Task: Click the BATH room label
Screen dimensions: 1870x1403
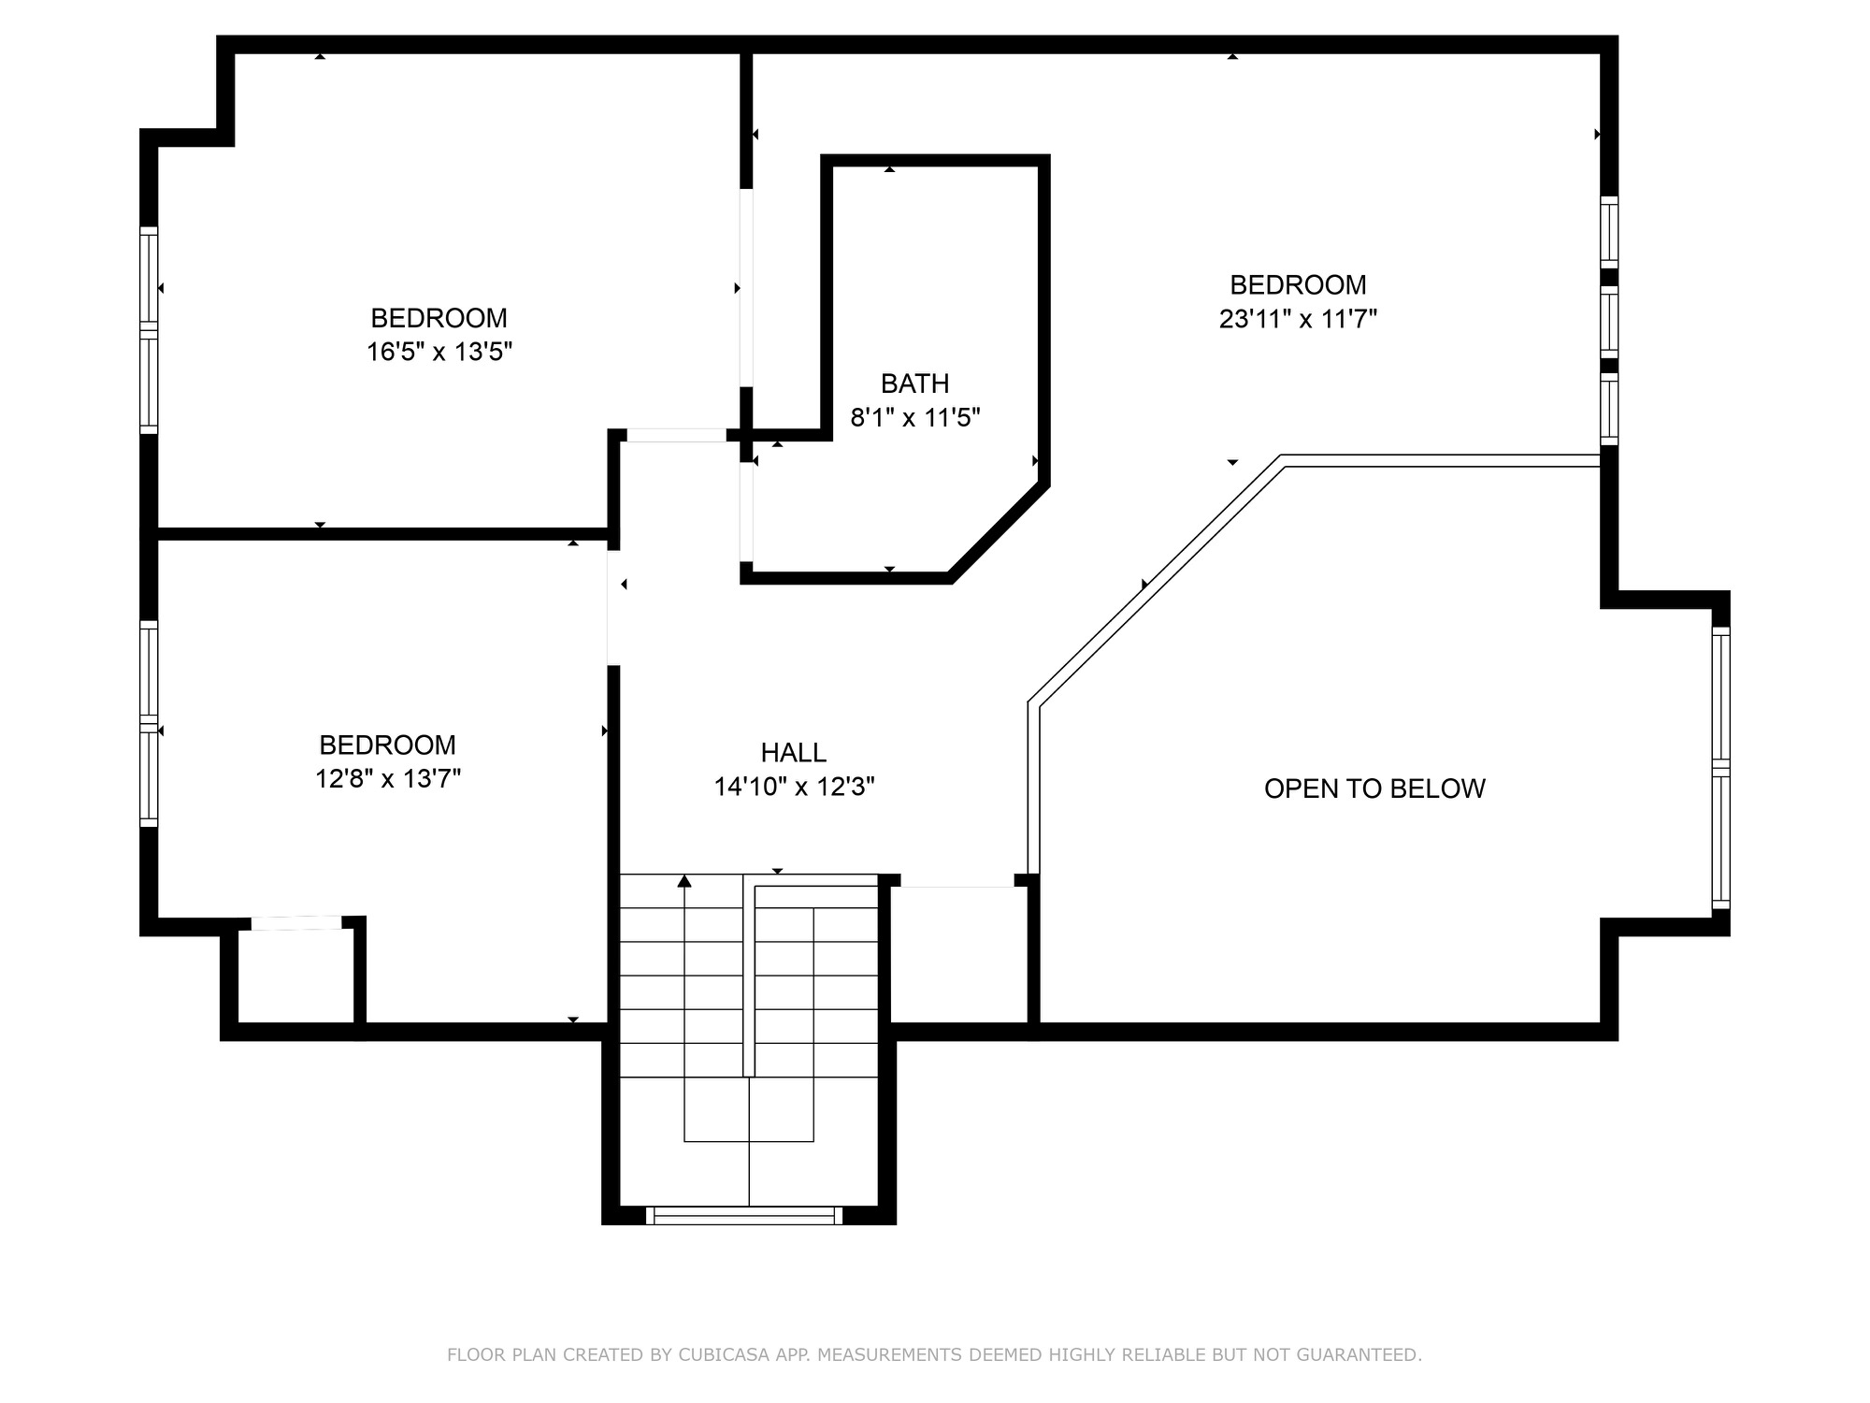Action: pyautogui.click(x=914, y=383)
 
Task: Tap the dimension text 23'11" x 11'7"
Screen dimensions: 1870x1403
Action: pyautogui.click(x=1298, y=319)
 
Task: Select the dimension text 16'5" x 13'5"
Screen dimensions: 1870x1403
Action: pyautogui.click(x=439, y=352)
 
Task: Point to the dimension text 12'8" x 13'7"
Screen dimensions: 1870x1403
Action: pyautogui.click(x=388, y=778)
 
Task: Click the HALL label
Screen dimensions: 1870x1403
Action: pyautogui.click(x=793, y=753)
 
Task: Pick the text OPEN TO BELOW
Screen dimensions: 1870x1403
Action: pyautogui.click(x=1374, y=788)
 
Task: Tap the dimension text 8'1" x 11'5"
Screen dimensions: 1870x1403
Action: pyautogui.click(x=914, y=417)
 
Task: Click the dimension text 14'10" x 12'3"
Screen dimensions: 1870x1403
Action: pyautogui.click(x=794, y=787)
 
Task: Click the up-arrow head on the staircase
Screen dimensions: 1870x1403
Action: pyautogui.click(x=684, y=881)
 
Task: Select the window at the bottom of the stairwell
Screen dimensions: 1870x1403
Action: pyautogui.click(x=744, y=1215)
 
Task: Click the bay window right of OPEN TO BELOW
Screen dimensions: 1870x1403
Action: pyautogui.click(x=1720, y=768)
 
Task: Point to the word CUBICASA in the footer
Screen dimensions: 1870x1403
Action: pyautogui.click(x=726, y=1354)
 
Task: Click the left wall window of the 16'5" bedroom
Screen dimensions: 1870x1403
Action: pyautogui.click(x=149, y=330)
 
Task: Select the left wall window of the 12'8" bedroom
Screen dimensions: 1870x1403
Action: pyautogui.click(x=149, y=723)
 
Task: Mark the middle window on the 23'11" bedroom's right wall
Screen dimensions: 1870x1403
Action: pyautogui.click(x=1609, y=322)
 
